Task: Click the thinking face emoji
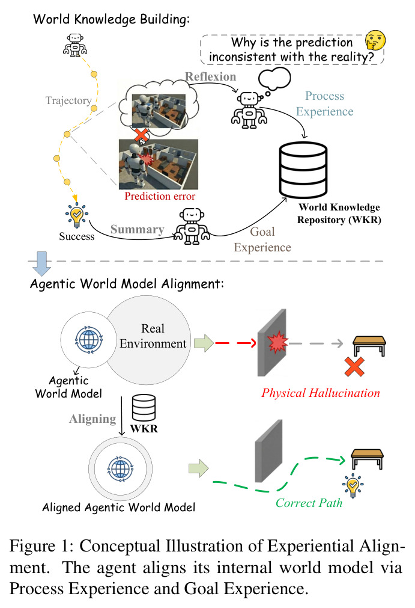coord(375,40)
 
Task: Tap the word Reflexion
coord(211,76)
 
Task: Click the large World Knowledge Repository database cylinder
coord(303,170)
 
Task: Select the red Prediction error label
coord(160,196)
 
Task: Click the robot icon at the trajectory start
coord(75,45)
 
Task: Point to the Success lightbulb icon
coord(77,215)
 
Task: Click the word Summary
coord(138,229)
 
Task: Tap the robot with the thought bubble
coord(249,110)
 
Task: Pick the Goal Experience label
coord(262,239)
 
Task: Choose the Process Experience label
coord(324,103)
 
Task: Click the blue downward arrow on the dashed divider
coord(41,263)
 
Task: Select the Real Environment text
coord(153,336)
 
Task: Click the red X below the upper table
coord(354,367)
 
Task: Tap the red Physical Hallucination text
coord(321,393)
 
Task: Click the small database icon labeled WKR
coord(144,408)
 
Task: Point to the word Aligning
coord(92,419)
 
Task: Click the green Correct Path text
coord(309,503)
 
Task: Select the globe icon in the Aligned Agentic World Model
coord(120,469)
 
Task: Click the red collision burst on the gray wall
coord(277,342)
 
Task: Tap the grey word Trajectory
coord(68,100)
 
